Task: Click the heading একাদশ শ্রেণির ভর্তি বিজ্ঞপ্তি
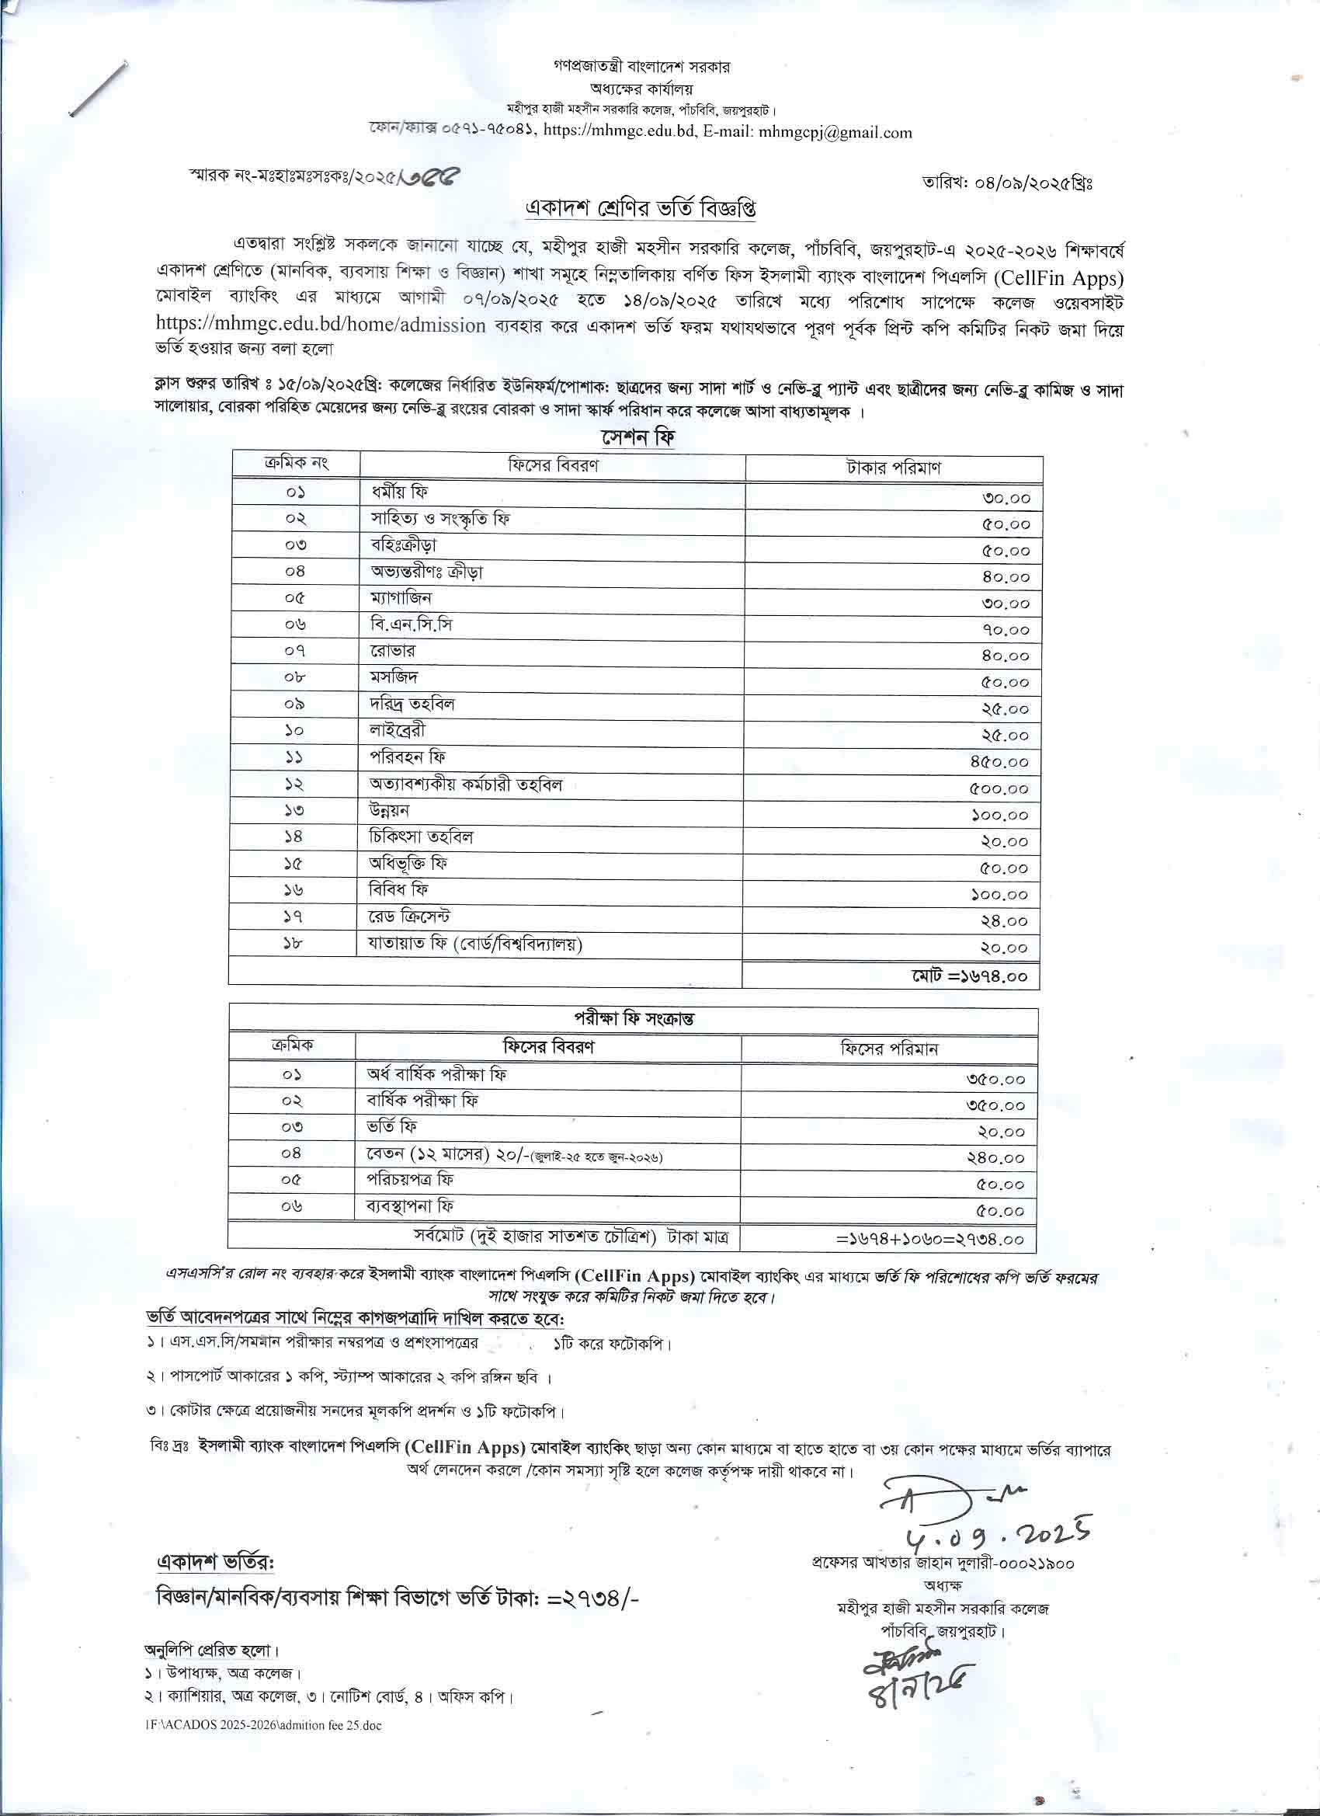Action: point(640,208)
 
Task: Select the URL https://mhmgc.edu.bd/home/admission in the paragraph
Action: point(320,325)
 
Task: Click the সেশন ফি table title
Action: point(638,438)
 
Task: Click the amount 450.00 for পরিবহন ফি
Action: point(999,762)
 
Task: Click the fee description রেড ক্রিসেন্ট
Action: point(415,916)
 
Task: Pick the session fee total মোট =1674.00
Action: point(968,976)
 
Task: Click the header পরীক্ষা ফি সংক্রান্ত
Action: point(633,1018)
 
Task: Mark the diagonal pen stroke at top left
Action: point(99,89)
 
